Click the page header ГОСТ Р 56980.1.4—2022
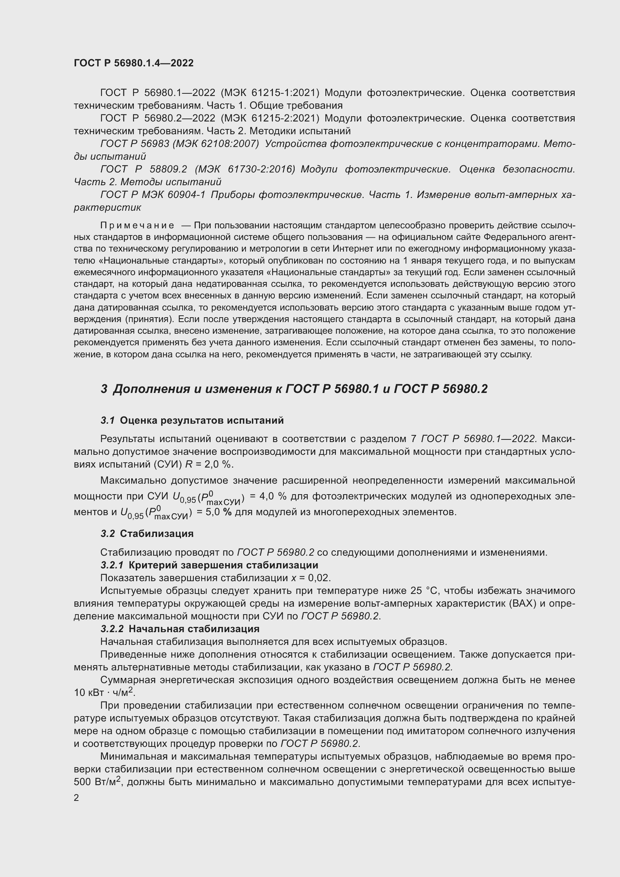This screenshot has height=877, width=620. click(133, 63)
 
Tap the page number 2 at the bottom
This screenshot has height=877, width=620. click(76, 798)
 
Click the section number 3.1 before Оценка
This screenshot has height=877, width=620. click(107, 421)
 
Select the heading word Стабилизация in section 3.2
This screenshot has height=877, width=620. click(157, 534)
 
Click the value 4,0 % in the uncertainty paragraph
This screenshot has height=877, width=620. click(273, 496)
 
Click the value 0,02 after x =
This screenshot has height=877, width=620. click(318, 578)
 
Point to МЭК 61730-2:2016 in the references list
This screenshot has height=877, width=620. click(245, 169)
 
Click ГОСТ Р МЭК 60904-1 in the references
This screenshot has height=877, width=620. click(153, 195)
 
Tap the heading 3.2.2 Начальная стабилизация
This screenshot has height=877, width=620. click(180, 629)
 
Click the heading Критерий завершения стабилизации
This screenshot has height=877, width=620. click(223, 565)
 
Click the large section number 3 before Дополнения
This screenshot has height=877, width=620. click(104, 389)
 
